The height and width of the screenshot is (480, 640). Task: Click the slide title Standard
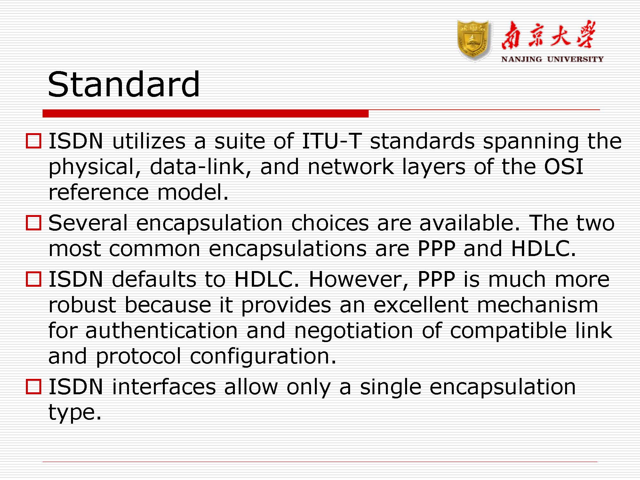point(124,84)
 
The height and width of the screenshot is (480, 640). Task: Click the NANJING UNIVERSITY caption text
point(552,59)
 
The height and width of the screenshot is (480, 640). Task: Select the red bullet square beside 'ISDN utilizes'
point(34,141)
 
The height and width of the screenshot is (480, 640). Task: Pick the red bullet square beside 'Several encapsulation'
point(34,223)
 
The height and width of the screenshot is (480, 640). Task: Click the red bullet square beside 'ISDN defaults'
point(34,279)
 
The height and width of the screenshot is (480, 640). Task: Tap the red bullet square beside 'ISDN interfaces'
point(34,387)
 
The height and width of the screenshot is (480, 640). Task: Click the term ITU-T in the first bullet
point(332,141)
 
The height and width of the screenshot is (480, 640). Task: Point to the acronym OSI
point(564,167)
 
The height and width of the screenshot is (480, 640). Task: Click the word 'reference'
point(99,192)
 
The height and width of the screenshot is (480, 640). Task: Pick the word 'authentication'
point(161,330)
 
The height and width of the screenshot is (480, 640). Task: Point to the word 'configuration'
point(263,356)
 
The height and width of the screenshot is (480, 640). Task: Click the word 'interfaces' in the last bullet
point(164,387)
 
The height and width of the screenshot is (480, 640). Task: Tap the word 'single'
point(390,387)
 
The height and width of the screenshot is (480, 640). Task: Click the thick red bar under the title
point(205,113)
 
